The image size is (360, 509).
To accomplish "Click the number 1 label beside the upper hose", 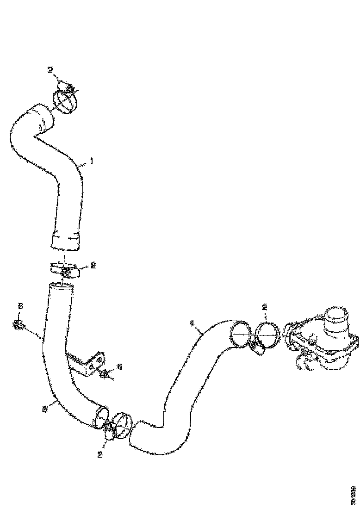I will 92,161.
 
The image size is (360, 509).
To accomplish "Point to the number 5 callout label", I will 20,306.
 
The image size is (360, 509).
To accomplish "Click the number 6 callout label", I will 119,366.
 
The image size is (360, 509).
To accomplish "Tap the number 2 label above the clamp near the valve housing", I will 264,306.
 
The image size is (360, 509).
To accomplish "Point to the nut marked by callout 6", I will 105,374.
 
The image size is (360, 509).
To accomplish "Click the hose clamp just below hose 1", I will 64,269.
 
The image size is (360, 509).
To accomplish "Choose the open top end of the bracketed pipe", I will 61,288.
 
